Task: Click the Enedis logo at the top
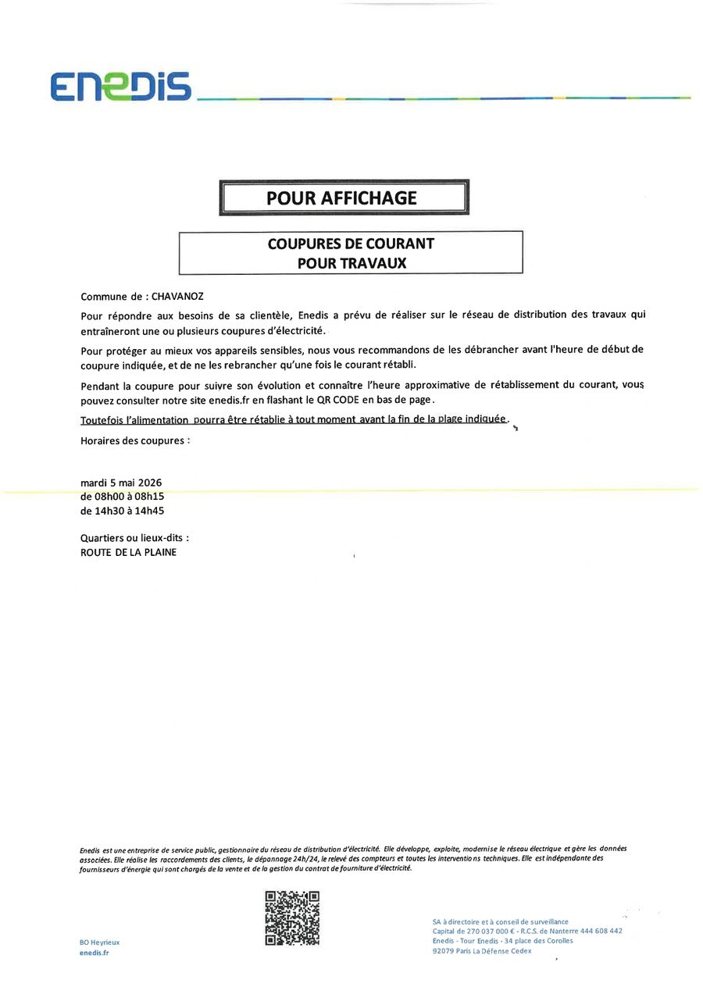point(121,86)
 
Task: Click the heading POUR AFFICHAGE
point(342,198)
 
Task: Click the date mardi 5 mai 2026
point(121,482)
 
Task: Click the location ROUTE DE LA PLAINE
point(128,552)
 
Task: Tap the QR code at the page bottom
point(292,918)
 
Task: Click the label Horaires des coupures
point(134,440)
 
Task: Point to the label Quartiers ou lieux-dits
point(134,538)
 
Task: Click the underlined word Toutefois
point(102,420)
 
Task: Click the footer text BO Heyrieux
point(99,942)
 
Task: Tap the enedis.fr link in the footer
point(95,953)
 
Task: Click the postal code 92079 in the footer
point(444,951)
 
